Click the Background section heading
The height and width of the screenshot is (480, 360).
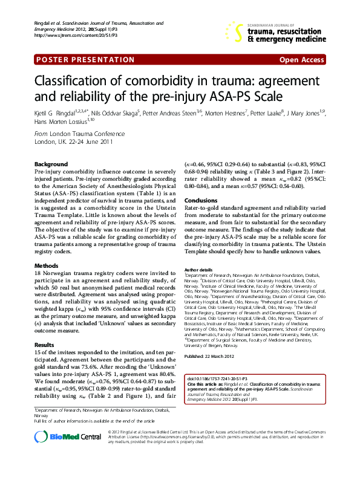51,164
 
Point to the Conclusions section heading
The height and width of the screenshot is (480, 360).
201,200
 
